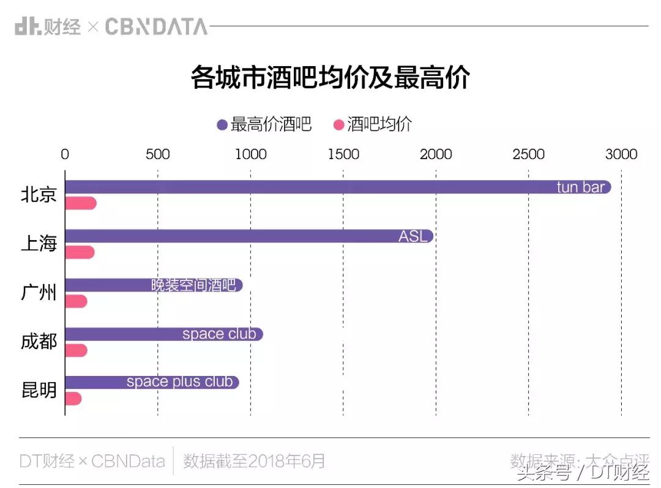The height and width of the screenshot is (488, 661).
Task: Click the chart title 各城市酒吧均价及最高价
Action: click(x=330, y=78)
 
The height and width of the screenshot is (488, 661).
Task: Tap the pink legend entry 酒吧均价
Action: click(x=373, y=124)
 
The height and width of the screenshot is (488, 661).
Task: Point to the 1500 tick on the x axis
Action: click(x=343, y=154)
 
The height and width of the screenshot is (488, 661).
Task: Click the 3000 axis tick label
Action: click(x=621, y=154)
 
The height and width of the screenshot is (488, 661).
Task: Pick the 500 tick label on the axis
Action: click(x=157, y=154)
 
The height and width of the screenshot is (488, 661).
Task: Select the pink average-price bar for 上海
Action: click(x=80, y=252)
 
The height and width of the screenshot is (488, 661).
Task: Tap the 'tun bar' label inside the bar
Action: click(x=580, y=187)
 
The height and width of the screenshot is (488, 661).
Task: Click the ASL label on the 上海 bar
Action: click(x=413, y=236)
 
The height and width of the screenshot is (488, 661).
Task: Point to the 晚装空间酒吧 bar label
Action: click(x=193, y=285)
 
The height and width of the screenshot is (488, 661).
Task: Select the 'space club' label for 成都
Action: click(x=218, y=334)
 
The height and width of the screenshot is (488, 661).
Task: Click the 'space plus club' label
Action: click(x=179, y=382)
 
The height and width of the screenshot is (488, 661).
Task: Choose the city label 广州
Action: click(x=39, y=293)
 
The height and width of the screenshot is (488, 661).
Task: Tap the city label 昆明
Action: click(x=39, y=390)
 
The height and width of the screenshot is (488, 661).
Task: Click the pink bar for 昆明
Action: click(x=73, y=399)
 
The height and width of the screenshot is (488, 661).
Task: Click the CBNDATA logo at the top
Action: click(x=156, y=26)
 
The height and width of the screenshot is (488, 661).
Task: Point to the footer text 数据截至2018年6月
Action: click(x=254, y=460)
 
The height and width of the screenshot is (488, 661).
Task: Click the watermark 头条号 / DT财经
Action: click(x=582, y=472)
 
